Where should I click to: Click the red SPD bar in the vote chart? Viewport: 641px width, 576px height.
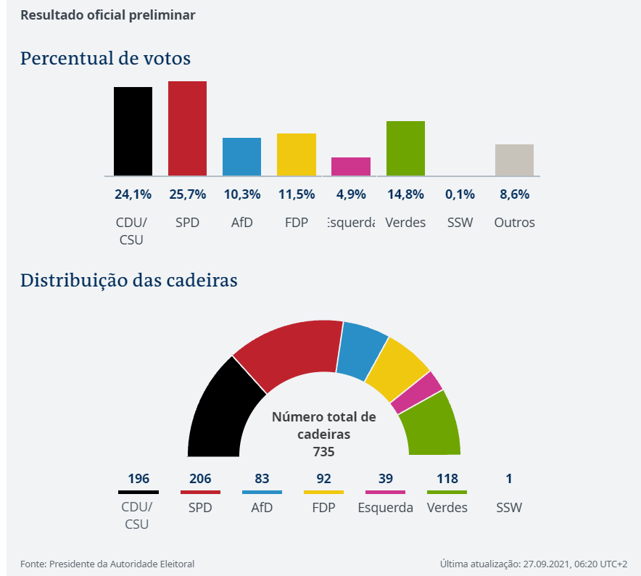point(187,128)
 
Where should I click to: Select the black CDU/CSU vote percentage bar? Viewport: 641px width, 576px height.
point(133,131)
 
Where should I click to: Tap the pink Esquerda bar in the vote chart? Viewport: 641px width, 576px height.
point(351,166)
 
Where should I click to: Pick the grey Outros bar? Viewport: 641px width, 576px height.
point(514,160)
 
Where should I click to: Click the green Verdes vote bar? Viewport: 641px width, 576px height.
point(405,148)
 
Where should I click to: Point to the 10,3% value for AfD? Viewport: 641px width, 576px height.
point(241,194)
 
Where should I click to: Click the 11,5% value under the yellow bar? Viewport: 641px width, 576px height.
point(297,194)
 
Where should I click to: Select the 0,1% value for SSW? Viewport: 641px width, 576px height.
point(460,194)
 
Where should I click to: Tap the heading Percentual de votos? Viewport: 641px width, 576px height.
point(105,58)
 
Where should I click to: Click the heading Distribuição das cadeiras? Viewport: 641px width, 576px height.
point(128,280)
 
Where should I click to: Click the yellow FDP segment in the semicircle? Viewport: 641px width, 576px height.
point(397,369)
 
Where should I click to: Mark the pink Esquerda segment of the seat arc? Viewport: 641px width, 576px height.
point(416,392)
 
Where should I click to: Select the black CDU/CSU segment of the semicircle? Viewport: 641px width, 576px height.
point(219,410)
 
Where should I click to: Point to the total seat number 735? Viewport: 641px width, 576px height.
point(323,451)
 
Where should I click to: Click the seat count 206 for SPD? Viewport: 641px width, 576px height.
point(200,479)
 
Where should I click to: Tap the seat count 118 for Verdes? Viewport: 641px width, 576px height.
point(447,479)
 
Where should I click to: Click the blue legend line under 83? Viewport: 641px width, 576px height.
point(262,492)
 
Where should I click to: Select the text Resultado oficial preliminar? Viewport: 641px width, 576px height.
point(107,15)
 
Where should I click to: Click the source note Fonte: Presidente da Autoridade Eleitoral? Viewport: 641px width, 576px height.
point(107,564)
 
